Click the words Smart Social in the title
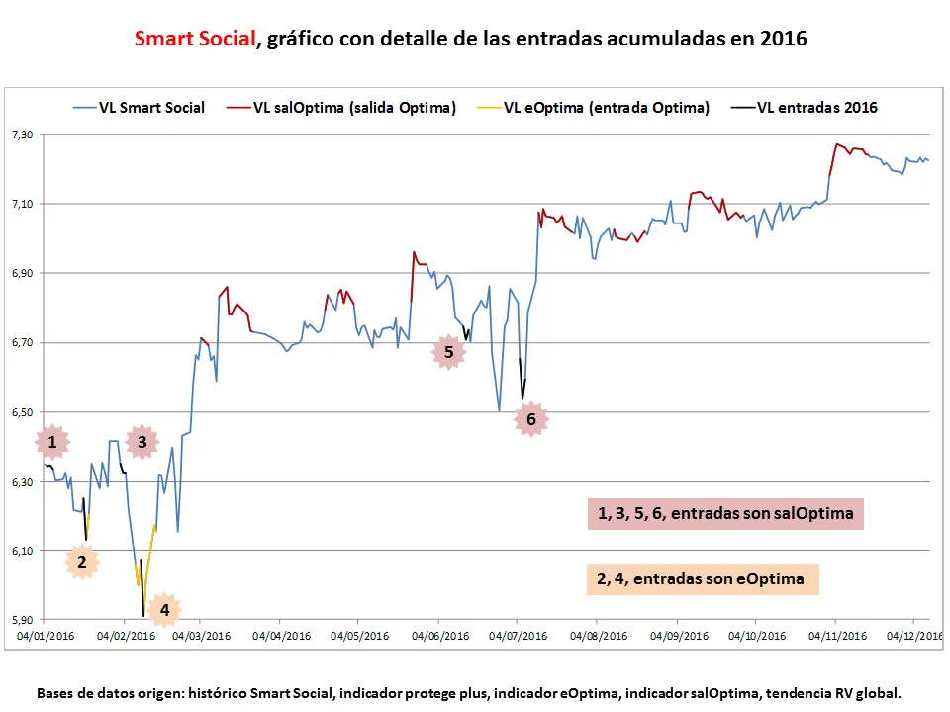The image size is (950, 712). point(193,40)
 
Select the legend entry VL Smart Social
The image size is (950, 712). point(151,108)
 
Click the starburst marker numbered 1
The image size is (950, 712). point(52,441)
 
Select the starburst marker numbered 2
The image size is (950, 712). point(82,562)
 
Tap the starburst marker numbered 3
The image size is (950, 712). point(142,442)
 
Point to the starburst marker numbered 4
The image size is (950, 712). point(164,610)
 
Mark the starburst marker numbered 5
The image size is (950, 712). point(449,351)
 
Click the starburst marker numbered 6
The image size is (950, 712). point(531,419)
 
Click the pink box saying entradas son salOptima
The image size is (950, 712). point(725,514)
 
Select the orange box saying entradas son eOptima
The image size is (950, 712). point(700,578)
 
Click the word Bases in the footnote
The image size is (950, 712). point(56,693)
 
